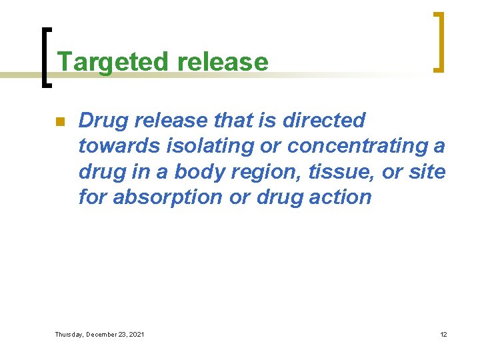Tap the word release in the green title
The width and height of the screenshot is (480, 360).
[x=223, y=62]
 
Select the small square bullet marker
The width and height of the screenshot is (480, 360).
[x=59, y=122]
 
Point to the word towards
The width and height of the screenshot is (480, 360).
[x=117, y=146]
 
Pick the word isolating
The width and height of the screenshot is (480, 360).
[x=195, y=146]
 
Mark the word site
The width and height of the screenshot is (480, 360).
[x=427, y=171]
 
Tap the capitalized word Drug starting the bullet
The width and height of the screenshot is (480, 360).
[x=103, y=120]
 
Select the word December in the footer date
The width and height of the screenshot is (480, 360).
[x=107, y=334]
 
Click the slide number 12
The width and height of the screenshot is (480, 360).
[x=443, y=334]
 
